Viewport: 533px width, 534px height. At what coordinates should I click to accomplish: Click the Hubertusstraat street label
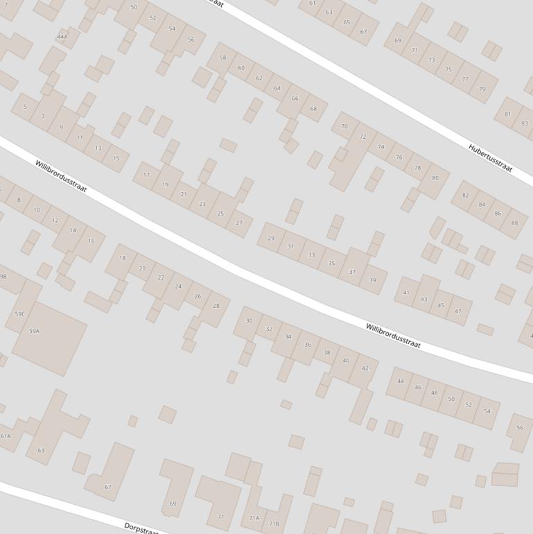(x=489, y=157)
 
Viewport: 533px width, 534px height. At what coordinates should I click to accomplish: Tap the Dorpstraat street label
(x=141, y=528)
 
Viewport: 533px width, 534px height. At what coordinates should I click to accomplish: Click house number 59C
(x=19, y=314)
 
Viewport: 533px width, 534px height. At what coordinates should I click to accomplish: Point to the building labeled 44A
(x=62, y=37)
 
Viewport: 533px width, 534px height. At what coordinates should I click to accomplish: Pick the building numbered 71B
(x=274, y=524)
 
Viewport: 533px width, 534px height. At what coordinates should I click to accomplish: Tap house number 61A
(x=6, y=436)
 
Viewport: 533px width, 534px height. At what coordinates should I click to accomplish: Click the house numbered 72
(x=362, y=137)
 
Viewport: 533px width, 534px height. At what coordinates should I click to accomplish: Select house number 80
(x=435, y=178)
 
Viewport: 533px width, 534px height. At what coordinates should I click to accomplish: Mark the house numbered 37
(x=352, y=272)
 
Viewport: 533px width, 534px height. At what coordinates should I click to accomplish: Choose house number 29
(x=270, y=238)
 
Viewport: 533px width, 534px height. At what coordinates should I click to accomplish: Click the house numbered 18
(x=123, y=258)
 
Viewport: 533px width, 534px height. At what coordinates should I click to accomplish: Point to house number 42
(x=365, y=368)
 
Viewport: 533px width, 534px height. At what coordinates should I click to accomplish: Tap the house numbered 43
(x=423, y=299)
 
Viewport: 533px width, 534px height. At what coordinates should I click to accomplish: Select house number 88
(x=514, y=223)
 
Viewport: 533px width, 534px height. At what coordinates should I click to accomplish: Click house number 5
(x=25, y=107)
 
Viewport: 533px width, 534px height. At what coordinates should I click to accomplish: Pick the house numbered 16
(x=91, y=241)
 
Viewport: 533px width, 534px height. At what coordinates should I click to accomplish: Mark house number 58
(x=222, y=58)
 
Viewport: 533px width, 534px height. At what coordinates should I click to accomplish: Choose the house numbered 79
(x=482, y=89)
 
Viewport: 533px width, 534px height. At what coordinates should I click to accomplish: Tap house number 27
(x=239, y=223)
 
